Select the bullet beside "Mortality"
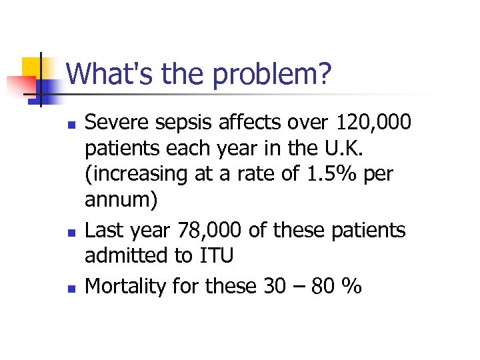(74, 288)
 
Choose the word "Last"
(105, 231)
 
